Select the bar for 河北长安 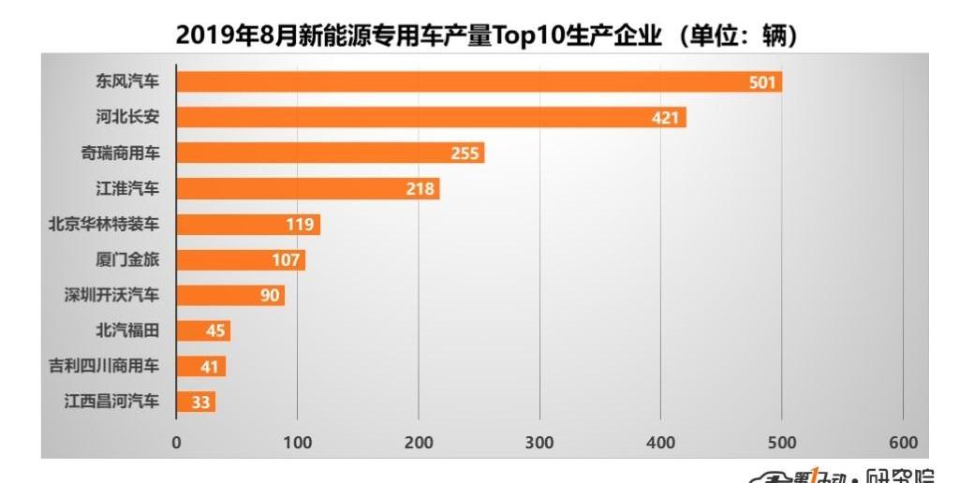point(431,118)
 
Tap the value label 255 point(465,154)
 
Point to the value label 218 point(420,189)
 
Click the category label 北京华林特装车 point(104,225)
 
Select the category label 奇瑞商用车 point(120,154)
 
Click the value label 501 point(762,82)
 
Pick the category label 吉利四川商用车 point(104,367)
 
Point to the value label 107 point(287,260)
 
